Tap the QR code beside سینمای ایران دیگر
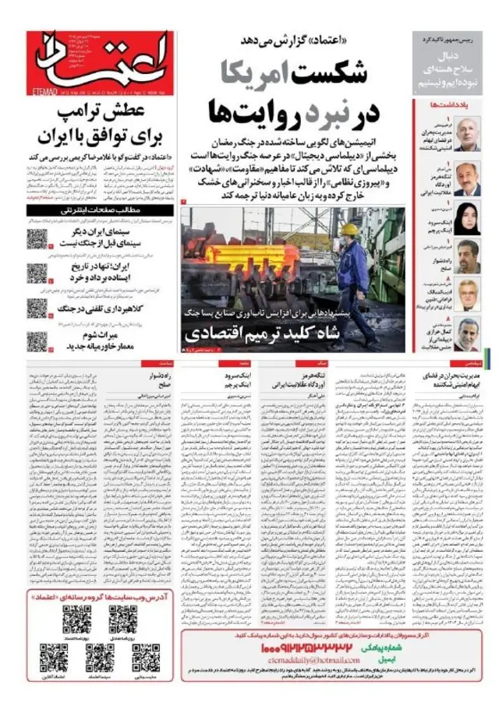point(38,239)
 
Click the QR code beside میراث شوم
point(38,341)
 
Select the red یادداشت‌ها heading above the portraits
point(451,104)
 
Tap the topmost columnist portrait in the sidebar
point(467,133)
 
